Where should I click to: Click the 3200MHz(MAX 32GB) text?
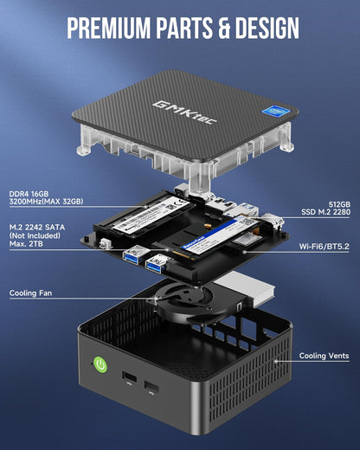(x=46, y=202)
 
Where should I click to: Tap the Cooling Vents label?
(x=325, y=356)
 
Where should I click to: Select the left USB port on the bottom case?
(x=127, y=376)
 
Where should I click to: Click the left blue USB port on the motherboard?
(x=136, y=254)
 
